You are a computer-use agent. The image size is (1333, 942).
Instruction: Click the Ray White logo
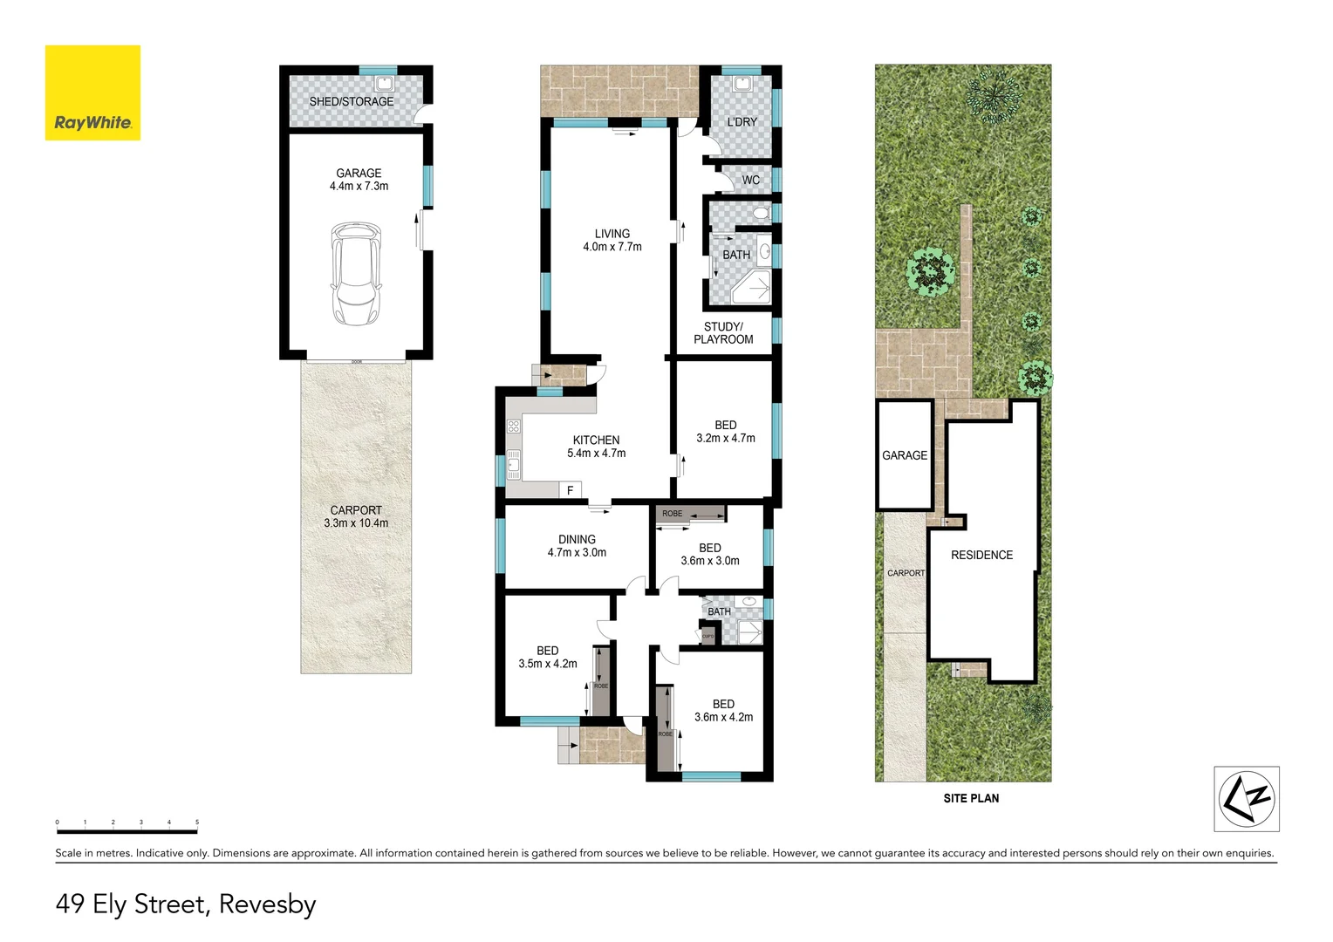tap(92, 93)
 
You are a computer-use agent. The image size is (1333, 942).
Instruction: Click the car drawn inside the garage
tap(356, 274)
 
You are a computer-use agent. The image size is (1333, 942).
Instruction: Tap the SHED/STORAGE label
tap(351, 102)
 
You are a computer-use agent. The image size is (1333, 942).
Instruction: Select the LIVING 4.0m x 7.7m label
tap(612, 241)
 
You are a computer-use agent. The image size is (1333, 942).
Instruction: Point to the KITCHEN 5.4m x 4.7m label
tap(596, 447)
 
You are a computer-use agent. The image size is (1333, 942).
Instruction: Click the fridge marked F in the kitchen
tap(570, 490)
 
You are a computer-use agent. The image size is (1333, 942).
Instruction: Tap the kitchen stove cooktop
tap(514, 427)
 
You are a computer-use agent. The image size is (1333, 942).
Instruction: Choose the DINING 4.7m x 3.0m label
tap(577, 546)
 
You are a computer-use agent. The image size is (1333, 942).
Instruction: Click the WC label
tap(750, 181)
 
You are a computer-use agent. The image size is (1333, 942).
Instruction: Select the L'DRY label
tap(742, 122)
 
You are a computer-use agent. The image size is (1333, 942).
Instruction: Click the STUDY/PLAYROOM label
tap(723, 333)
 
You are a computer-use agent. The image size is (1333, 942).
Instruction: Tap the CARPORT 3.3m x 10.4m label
tap(356, 516)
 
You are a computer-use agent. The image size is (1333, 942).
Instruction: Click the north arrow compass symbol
tap(1247, 798)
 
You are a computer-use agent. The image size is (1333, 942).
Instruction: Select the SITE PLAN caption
tap(971, 798)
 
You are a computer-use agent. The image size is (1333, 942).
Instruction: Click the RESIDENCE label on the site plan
tap(981, 555)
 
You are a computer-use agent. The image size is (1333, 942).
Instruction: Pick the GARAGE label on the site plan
tap(905, 455)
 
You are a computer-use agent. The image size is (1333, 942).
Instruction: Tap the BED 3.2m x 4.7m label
tap(725, 432)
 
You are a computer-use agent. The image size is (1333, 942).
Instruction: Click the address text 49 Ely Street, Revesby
tap(186, 904)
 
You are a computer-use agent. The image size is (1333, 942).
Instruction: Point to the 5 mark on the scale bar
tap(197, 823)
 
